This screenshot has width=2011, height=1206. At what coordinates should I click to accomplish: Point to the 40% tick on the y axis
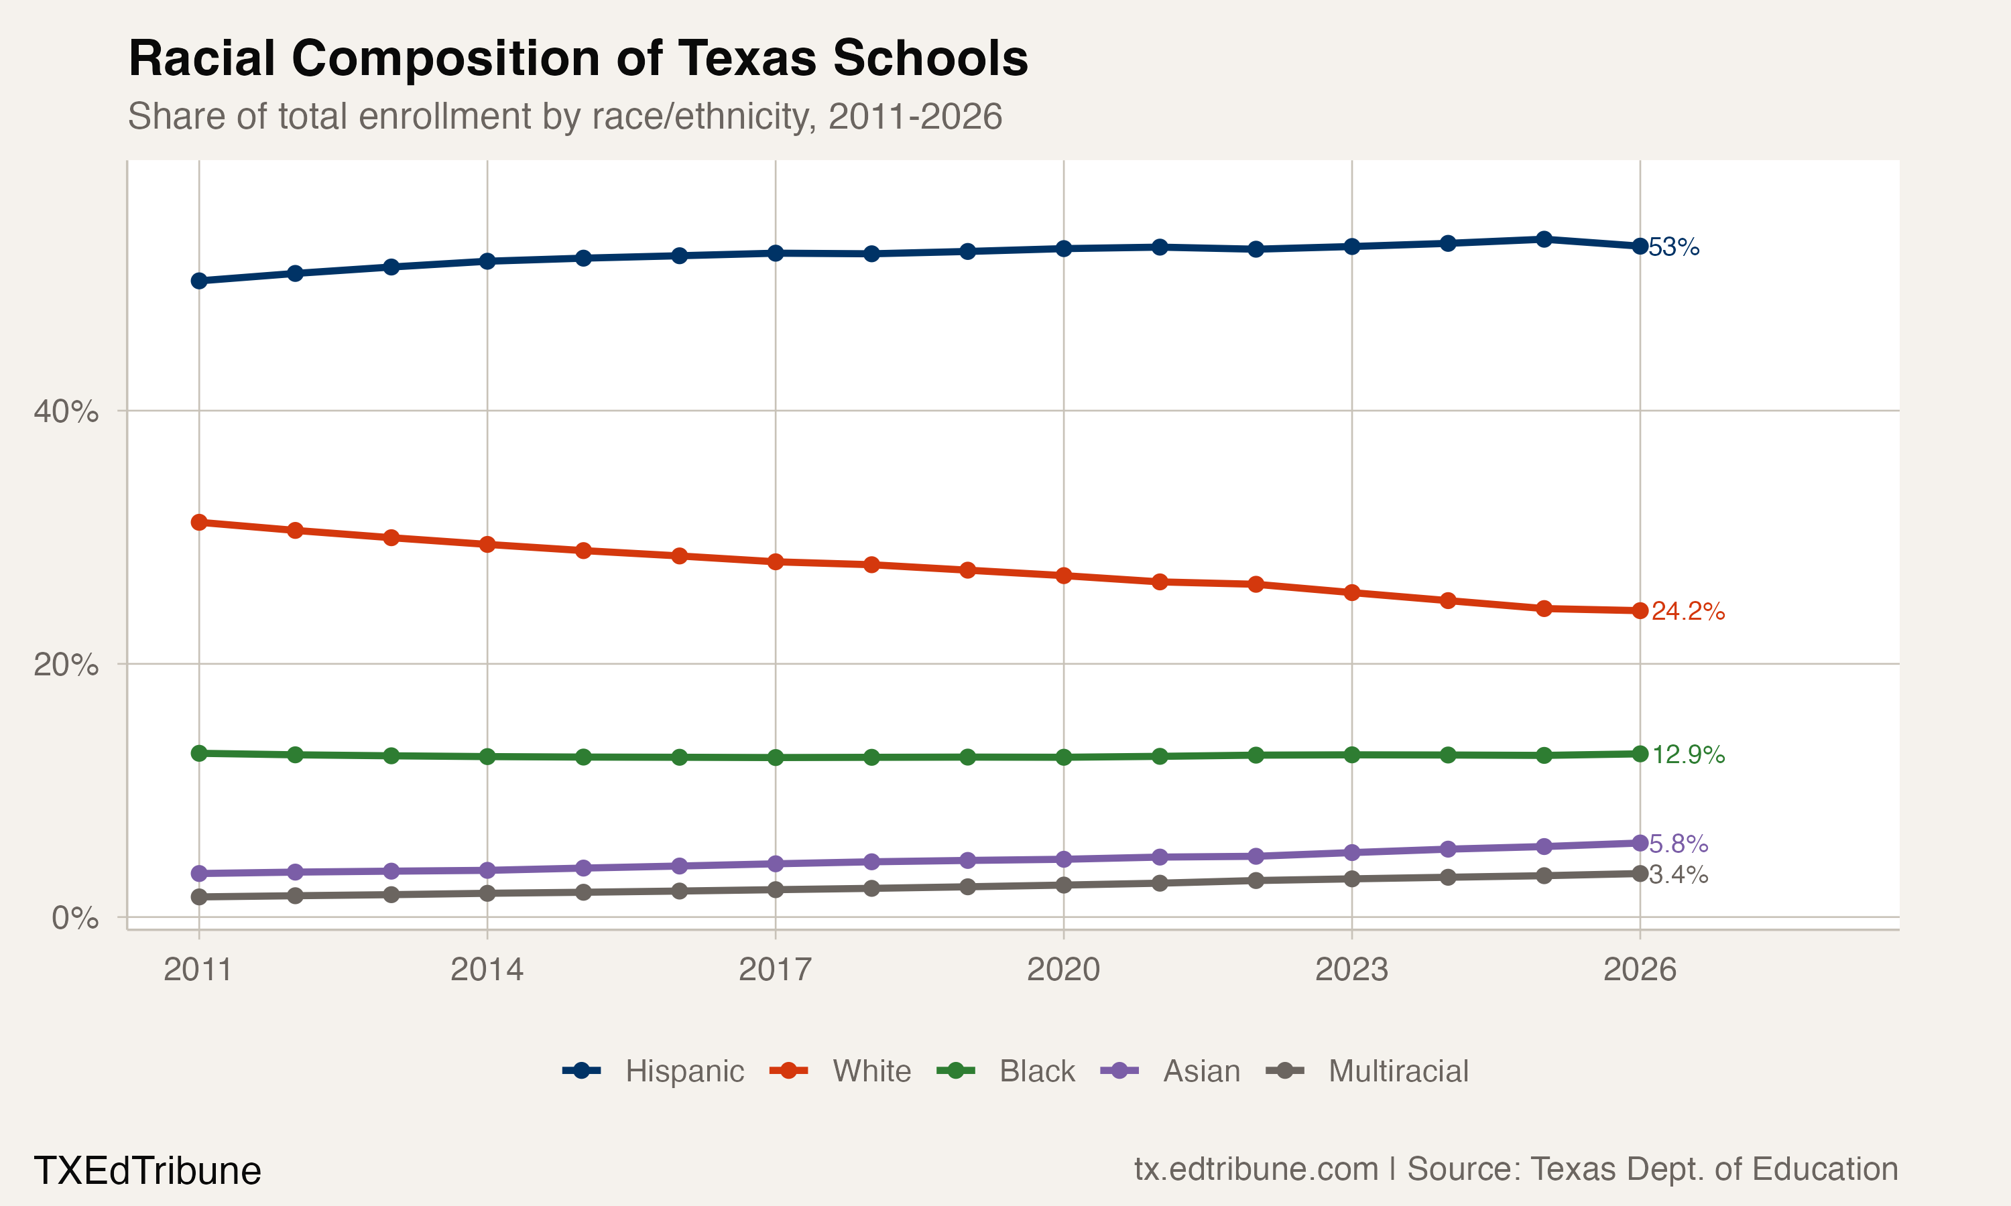66,411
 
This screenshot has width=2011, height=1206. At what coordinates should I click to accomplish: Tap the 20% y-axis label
66,665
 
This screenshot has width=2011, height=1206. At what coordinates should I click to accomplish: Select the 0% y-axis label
75,919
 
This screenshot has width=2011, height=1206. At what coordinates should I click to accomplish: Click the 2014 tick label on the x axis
487,969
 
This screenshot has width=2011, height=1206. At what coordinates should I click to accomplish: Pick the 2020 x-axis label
1063,969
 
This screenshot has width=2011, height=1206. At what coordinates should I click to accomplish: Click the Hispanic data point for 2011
199,281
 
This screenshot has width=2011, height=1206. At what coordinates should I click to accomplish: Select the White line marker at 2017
776,561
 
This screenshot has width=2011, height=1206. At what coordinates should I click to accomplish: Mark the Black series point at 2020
1063,757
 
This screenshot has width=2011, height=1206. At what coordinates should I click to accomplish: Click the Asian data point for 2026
1640,843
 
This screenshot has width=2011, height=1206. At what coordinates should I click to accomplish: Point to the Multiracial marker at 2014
487,893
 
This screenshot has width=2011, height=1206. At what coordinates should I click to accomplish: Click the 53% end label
1674,247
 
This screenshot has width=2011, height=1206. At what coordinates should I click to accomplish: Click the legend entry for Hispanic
654,1071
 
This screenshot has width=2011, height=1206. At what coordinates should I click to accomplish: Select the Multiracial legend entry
1368,1071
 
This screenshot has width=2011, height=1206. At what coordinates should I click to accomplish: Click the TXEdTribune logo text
147,1171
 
